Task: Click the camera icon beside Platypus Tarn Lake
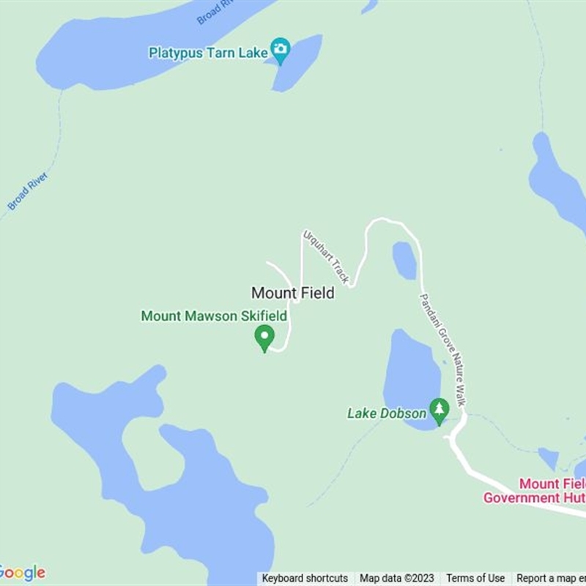tap(280, 51)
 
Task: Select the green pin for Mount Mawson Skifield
tap(264, 338)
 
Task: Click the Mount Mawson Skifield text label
tap(214, 316)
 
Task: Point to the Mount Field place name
tap(293, 293)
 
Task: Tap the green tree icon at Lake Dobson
tap(439, 411)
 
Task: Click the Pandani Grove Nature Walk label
tap(442, 350)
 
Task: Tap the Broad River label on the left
tap(28, 191)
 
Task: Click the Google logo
tap(22, 573)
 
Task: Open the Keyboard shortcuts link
tap(305, 579)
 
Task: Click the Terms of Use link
tap(475, 579)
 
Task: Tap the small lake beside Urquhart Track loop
tap(404, 260)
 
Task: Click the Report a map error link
tap(551, 579)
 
